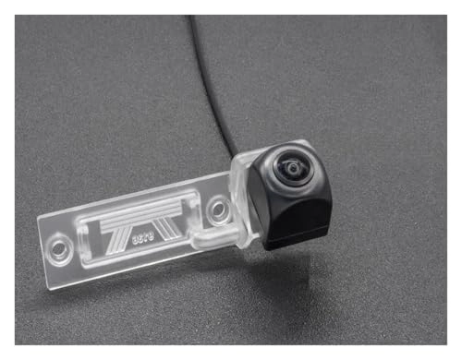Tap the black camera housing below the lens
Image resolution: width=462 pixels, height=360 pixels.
pos(298,217)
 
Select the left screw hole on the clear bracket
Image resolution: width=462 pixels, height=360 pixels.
pos(61,246)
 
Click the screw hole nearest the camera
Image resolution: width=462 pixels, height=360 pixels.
pos(217,209)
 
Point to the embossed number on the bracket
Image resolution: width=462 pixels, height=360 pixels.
pos(143,236)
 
